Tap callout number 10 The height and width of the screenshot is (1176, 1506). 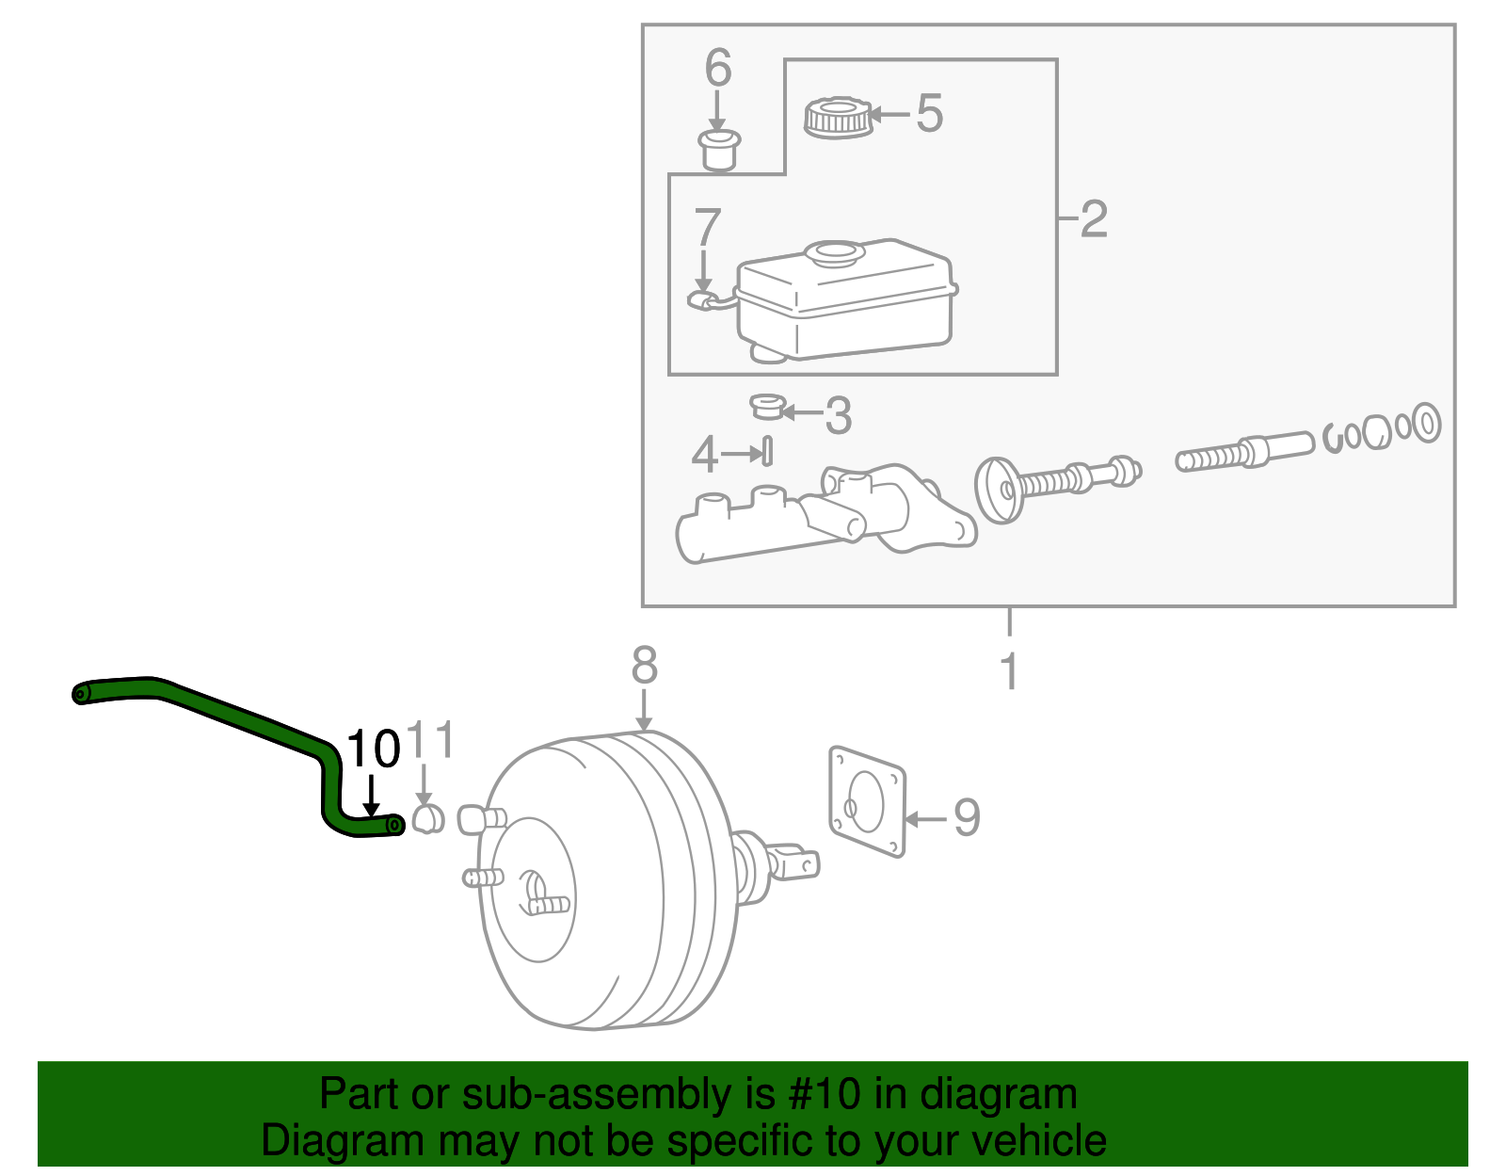point(374,750)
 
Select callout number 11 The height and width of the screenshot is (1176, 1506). point(431,740)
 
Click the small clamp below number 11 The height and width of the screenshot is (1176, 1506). point(428,819)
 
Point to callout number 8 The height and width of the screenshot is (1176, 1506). point(644,666)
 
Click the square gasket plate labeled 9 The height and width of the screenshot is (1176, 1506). point(867,801)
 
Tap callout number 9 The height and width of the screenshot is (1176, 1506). point(967,816)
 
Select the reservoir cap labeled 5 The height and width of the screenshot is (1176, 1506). point(837,117)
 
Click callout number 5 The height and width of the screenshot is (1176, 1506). point(929,114)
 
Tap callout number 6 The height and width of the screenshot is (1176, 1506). point(718,68)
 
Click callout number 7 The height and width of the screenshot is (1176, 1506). point(707,228)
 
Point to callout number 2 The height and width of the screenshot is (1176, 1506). point(1094,219)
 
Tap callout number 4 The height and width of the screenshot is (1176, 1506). point(704,454)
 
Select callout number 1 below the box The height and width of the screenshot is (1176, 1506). point(1009,671)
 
